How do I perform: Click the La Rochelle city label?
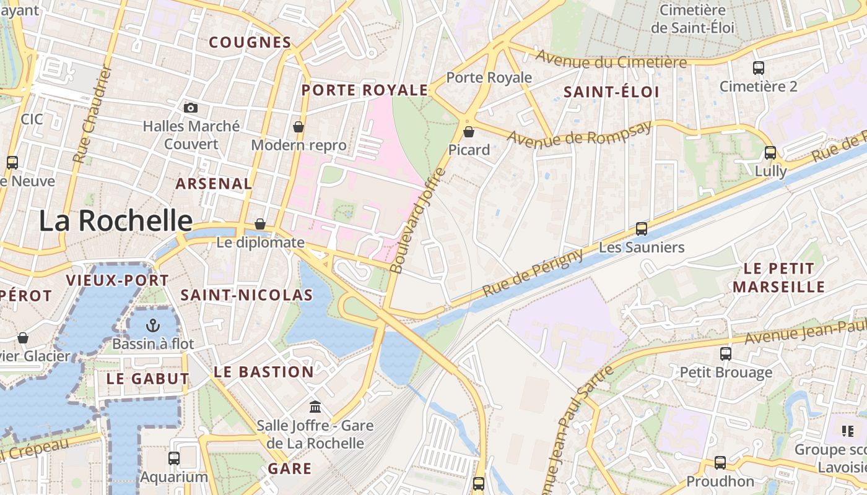pyautogui.click(x=116, y=221)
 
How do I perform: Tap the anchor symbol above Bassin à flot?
pyautogui.click(x=153, y=325)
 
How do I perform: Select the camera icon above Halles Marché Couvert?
pyautogui.click(x=191, y=108)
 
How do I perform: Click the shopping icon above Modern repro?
pyautogui.click(x=298, y=127)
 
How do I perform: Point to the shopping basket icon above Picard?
pyautogui.click(x=469, y=131)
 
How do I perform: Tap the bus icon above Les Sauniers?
pyautogui.click(x=642, y=229)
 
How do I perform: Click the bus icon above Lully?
pyautogui.click(x=770, y=152)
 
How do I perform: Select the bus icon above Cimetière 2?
pyautogui.click(x=759, y=68)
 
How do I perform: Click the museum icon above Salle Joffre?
pyautogui.click(x=315, y=407)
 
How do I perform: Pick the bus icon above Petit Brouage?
pyautogui.click(x=726, y=354)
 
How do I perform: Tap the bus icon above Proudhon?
pyautogui.click(x=720, y=463)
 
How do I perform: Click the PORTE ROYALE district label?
pyautogui.click(x=365, y=90)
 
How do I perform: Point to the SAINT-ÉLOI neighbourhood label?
pyautogui.click(x=611, y=92)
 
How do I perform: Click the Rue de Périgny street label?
pyautogui.click(x=533, y=272)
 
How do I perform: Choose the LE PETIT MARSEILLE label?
pyautogui.click(x=778, y=278)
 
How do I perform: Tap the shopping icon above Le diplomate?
pyautogui.click(x=260, y=224)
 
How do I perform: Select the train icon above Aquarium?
pyautogui.click(x=174, y=458)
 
